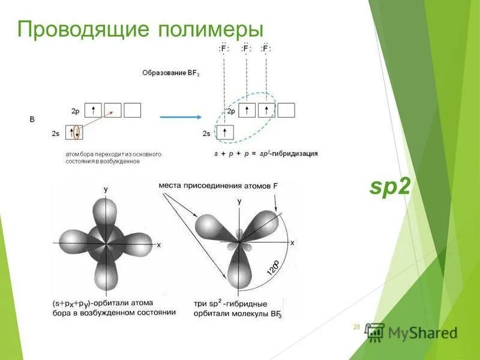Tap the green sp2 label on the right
click(390, 187)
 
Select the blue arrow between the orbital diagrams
click(179, 117)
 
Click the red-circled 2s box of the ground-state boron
click(74, 133)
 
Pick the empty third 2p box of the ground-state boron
click(133, 110)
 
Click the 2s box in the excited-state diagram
click(224, 132)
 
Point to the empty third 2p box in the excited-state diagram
click(287, 110)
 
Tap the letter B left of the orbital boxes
click(32, 120)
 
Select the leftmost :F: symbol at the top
click(223, 49)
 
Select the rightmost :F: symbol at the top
click(266, 49)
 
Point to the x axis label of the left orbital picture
click(159, 245)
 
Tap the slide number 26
click(356, 327)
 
